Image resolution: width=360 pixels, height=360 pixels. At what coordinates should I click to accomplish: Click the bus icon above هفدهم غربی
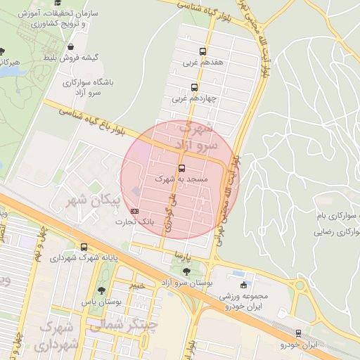pos(202,51)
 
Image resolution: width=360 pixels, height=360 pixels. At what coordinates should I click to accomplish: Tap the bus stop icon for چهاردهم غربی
pos(194,88)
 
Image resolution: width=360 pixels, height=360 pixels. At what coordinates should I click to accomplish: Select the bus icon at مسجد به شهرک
pos(182,169)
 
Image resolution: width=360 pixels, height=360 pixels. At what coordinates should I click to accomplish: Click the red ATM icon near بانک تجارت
pos(134,210)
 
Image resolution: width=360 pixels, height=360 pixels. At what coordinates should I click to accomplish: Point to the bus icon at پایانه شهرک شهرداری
pos(84,247)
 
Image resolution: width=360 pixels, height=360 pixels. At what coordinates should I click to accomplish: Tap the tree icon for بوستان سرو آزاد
pos(186,271)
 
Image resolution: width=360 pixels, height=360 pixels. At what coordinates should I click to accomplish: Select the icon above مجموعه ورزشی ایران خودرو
pos(244,285)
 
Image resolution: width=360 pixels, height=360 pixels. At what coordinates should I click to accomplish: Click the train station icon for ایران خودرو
pos(299,333)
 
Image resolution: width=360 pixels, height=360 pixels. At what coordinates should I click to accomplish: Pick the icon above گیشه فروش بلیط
pos(71,46)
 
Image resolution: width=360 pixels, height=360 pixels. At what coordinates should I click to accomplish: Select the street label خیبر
pos(138,285)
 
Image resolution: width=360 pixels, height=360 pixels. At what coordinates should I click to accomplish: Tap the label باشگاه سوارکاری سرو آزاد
pos(92,87)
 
